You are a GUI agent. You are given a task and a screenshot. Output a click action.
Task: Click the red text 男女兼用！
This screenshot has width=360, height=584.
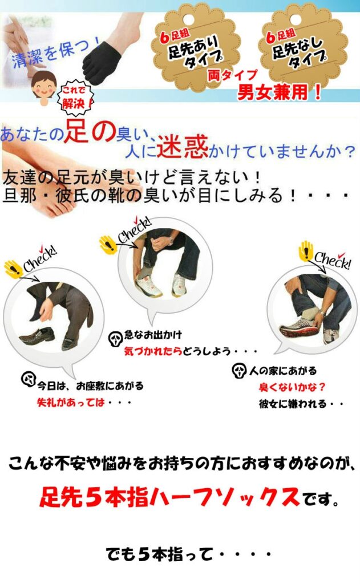click(x=280, y=93)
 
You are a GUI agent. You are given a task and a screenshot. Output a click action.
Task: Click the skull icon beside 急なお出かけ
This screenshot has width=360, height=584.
click(x=114, y=337)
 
